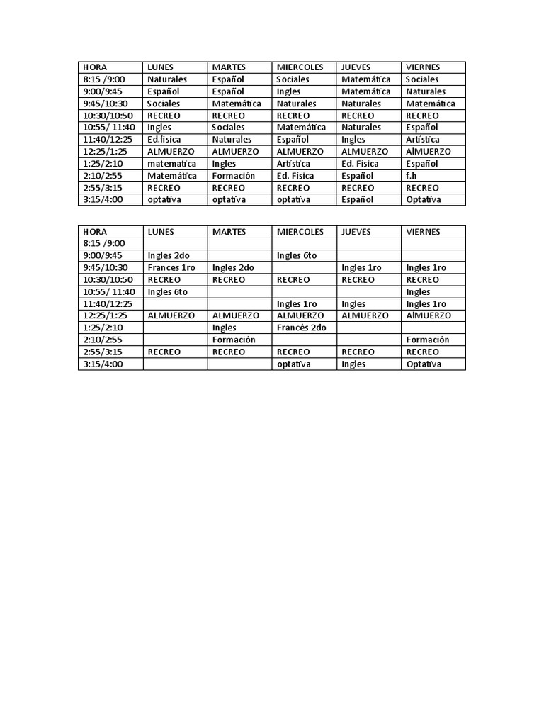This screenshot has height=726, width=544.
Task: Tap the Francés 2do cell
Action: (301, 328)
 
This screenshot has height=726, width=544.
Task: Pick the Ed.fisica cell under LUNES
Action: (164, 140)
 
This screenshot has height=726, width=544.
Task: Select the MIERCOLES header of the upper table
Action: (300, 67)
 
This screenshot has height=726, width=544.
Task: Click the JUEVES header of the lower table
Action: (356, 232)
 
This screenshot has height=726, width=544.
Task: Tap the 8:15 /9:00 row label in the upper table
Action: (103, 79)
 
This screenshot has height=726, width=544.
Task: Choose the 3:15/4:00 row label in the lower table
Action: (103, 364)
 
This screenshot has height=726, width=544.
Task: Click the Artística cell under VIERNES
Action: (423, 140)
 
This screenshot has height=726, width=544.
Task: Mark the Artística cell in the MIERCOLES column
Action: (293, 164)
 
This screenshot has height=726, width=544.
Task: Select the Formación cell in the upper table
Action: (233, 176)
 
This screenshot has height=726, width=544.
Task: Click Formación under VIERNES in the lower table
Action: (427, 340)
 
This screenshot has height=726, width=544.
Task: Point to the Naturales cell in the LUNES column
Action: (167, 79)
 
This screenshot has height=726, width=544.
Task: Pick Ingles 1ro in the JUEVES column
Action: (361, 268)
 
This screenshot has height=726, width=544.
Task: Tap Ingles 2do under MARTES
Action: (233, 268)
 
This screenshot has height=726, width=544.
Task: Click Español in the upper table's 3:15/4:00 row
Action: (357, 200)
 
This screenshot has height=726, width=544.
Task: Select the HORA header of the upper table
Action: (95, 67)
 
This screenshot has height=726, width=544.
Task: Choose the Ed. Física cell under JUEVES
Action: (361, 164)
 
